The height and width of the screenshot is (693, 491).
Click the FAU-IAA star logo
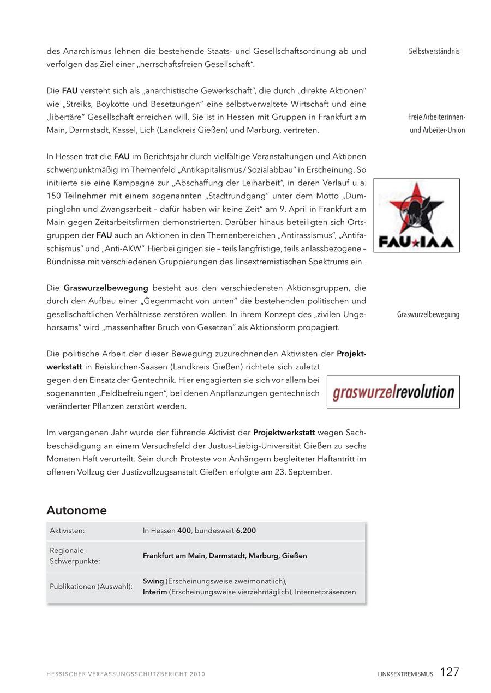point(416,215)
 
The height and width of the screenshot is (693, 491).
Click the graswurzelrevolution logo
point(393,392)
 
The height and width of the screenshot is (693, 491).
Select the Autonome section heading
point(76,510)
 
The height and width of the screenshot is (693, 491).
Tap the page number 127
point(450,672)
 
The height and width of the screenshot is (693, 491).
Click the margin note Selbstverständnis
point(434,51)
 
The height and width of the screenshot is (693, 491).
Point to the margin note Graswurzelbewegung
point(428,314)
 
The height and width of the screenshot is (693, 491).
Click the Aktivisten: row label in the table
point(67,531)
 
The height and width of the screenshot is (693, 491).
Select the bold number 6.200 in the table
point(246,531)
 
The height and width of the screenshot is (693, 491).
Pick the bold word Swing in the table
point(153,581)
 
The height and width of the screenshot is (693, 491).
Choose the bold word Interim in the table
point(155,592)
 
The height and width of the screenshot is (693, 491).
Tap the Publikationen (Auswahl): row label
point(91,587)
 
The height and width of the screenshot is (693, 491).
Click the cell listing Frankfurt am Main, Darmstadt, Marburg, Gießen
point(225,556)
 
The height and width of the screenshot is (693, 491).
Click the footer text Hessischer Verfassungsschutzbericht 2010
point(125,674)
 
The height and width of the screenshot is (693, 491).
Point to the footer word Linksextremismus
point(405,674)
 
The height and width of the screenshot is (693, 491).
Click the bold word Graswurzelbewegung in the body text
point(106,288)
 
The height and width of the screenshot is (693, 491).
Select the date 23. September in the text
point(304,472)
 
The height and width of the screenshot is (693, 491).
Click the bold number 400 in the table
point(184,531)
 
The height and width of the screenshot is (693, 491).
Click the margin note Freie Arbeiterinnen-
point(436,117)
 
